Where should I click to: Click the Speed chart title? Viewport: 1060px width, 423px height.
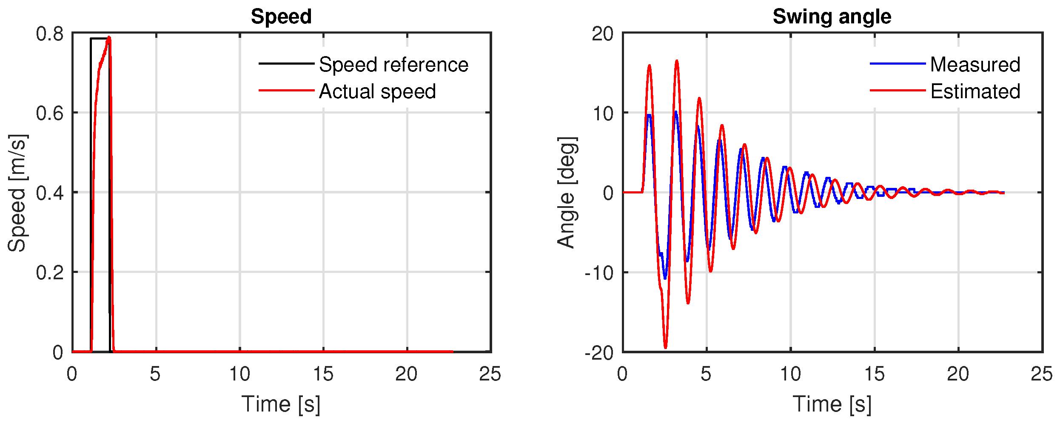(x=281, y=17)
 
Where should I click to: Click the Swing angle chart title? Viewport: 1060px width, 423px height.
(x=832, y=17)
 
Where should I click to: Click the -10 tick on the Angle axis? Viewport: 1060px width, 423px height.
(x=599, y=273)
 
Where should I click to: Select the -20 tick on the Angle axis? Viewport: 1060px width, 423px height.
(x=599, y=352)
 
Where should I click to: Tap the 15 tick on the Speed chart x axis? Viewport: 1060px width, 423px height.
(x=323, y=374)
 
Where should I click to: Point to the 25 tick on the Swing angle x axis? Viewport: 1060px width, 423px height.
(x=1042, y=374)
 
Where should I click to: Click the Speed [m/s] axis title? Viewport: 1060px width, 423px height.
(x=17, y=193)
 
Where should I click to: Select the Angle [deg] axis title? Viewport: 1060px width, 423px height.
(x=567, y=193)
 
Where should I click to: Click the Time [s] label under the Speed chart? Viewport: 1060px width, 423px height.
(x=281, y=404)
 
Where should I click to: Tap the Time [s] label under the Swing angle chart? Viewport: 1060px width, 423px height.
(x=832, y=404)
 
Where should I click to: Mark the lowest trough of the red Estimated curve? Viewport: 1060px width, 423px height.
(x=665, y=348)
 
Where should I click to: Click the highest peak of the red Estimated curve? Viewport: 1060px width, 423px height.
(x=676, y=61)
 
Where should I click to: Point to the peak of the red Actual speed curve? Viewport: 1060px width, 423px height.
(x=109, y=37)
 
